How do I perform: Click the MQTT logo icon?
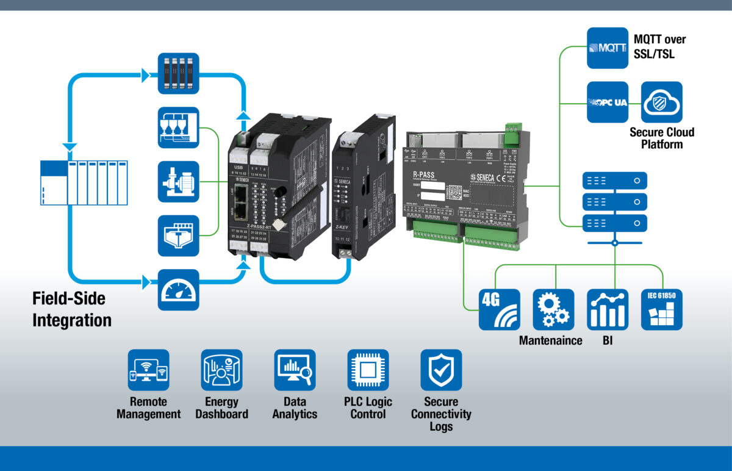tap(607, 48)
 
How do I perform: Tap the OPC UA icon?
tap(607, 102)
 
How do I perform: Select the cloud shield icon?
tap(661, 102)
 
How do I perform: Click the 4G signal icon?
tap(499, 309)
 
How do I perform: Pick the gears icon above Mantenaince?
tap(553, 309)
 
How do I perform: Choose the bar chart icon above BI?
tap(608, 309)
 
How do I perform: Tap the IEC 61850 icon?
tap(662, 309)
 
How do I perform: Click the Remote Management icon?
tap(148, 370)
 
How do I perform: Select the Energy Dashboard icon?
tap(221, 370)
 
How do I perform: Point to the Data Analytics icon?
tap(295, 370)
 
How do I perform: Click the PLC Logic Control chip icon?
tap(368, 370)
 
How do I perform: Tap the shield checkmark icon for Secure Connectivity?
tap(441, 370)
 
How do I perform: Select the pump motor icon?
tap(178, 181)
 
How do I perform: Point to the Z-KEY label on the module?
tap(342, 227)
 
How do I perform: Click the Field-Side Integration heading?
tap(72, 309)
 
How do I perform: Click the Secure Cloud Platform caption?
tap(661, 138)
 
